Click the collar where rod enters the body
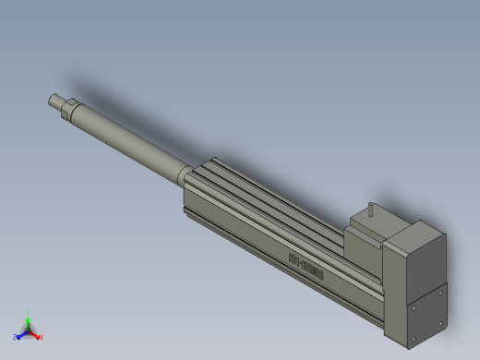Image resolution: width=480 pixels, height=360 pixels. (183, 174)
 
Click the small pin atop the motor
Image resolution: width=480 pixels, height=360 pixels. (370, 210)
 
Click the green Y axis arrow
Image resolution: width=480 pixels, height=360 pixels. (29, 320)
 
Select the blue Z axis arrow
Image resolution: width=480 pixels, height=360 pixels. (21, 335)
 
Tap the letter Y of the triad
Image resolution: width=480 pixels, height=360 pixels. (29, 313)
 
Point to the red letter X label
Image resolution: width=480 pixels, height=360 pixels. (41, 337)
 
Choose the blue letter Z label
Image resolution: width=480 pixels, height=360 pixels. (16, 338)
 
